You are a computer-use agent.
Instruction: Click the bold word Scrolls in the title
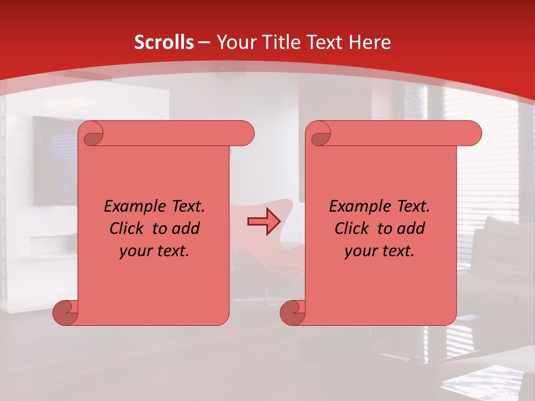point(164,42)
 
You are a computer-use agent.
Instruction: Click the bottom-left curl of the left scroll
point(65,312)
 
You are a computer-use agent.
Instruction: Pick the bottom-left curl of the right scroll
point(293,312)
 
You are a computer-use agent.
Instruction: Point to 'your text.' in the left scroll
point(154,251)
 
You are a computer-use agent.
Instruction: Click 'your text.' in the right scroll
point(380,251)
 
